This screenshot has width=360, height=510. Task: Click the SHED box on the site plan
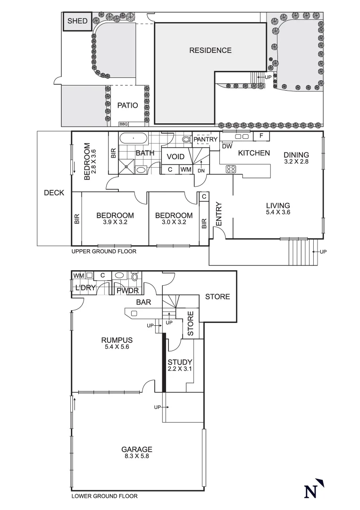77,21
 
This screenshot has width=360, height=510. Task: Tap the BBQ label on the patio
124,124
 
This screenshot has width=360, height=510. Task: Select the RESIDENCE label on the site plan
210,51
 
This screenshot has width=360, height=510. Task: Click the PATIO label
127,105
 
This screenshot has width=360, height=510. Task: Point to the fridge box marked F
261,136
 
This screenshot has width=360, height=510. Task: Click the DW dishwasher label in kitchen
227,146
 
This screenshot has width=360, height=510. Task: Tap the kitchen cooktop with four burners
231,169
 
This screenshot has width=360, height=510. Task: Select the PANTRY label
205,139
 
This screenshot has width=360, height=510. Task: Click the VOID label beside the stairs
175,156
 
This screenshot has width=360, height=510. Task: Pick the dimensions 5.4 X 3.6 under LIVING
277,213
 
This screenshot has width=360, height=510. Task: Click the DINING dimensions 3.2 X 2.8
296,161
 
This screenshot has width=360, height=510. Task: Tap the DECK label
54,193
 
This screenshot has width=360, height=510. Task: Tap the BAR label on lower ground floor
143,302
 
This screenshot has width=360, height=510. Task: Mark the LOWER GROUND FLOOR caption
104,496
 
